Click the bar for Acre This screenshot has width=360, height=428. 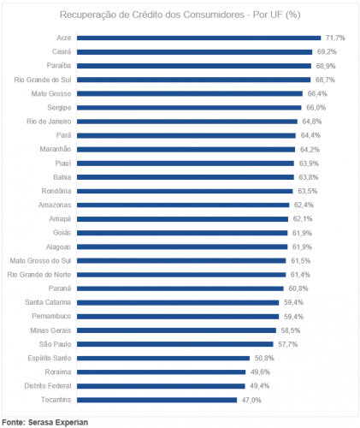point(198,38)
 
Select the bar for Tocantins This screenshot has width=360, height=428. point(156,400)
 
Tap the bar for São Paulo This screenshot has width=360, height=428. point(175,344)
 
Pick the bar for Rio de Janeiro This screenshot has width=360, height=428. point(187,122)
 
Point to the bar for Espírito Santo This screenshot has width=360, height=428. point(163,359)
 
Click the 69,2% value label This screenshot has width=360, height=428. point(327,52)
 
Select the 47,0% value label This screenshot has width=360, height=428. point(251,401)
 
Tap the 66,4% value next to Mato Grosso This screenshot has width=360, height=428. point(317,94)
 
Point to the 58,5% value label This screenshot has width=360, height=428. point(291,330)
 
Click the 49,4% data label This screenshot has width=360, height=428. point(260,386)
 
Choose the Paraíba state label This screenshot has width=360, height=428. point(59,66)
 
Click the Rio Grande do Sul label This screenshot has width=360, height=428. point(43,80)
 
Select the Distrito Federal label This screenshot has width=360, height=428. point(48,386)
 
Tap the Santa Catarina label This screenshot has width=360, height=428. point(48,302)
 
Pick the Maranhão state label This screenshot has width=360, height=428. point(56,149)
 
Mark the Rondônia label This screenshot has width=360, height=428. point(56,191)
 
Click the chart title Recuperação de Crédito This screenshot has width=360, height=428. point(180,15)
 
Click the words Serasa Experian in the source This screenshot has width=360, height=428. point(58,422)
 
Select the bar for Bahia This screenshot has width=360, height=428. point(186,177)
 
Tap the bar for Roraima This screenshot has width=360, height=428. point(161,372)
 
